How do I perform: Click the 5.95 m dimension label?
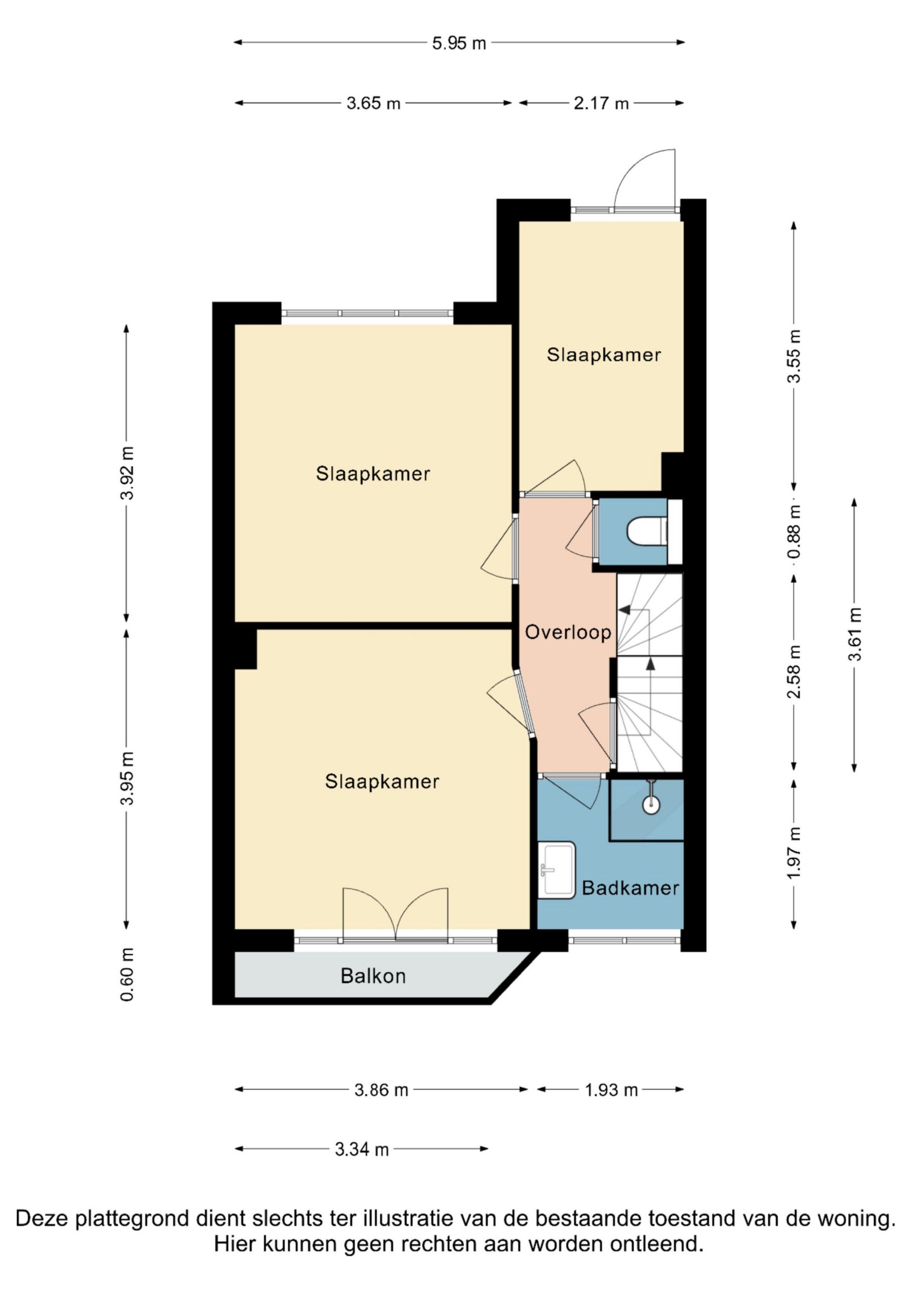459,43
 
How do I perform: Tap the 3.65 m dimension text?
373,104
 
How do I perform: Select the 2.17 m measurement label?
601,104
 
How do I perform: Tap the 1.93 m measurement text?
611,1091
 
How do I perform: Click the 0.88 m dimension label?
794,531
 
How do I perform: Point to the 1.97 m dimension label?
794,853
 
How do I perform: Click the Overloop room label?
568,632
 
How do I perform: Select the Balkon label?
373,976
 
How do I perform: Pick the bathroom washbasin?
556,870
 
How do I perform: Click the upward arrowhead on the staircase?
651,664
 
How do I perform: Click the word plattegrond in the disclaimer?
130,1219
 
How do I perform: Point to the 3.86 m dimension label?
381,1091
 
